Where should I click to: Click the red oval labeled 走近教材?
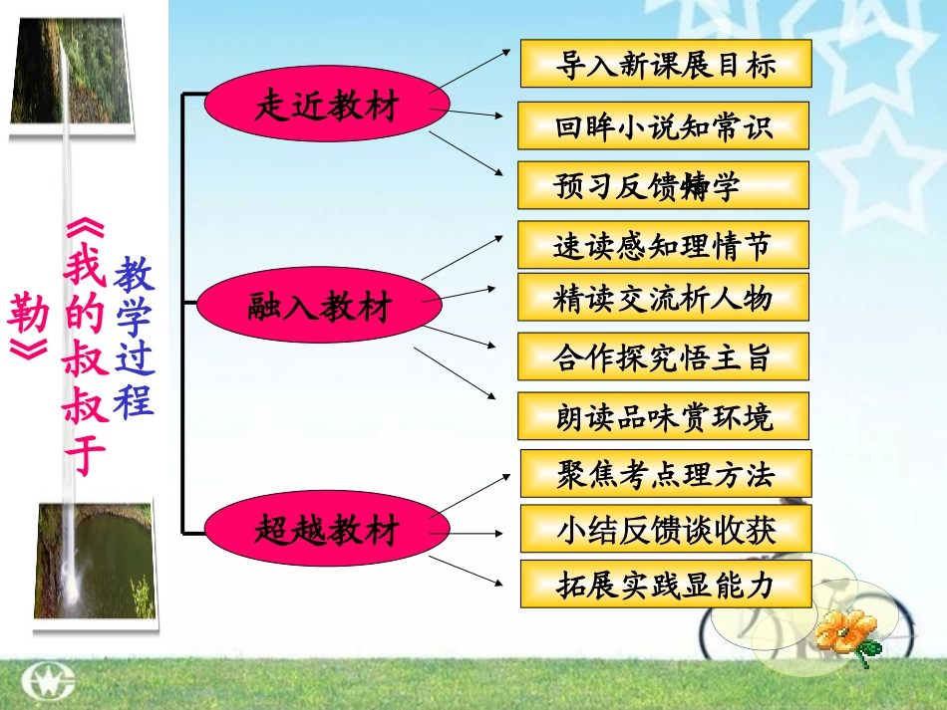pos(327,107)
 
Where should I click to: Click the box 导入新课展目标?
pos(666,65)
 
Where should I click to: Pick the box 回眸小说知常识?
pos(663,125)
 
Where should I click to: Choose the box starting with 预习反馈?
pos(663,185)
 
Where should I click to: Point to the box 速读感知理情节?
pos(663,245)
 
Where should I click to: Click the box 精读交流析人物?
pos(663,297)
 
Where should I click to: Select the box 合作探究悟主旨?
pos(663,356)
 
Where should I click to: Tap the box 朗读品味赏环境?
pos(663,416)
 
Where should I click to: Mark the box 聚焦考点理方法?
pos(666,473)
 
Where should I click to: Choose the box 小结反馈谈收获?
pos(666,529)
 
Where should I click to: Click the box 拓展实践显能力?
pos(666,585)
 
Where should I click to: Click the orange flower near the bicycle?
pos(846,630)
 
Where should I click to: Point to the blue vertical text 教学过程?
pos(134,338)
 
